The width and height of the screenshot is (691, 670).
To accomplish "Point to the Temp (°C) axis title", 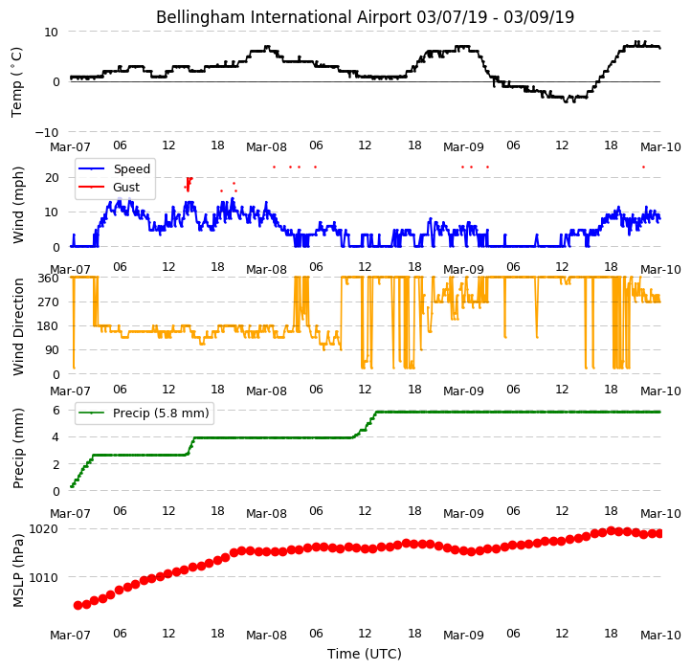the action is [16, 82].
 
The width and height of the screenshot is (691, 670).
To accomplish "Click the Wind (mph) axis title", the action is [17, 205].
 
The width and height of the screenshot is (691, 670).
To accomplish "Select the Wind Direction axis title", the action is [17, 326].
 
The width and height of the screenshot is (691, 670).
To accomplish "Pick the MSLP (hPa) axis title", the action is [17, 570].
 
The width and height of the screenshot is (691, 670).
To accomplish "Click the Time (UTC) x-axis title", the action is [365, 653].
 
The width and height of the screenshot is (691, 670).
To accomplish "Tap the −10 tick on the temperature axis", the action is [47, 132].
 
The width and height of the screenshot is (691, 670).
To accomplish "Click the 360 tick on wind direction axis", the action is [49, 279].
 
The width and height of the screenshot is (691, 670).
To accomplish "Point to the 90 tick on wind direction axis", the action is [53, 350].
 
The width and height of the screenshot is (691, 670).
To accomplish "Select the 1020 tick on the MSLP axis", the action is [43, 528].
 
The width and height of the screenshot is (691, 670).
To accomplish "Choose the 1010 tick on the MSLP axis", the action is [43, 577].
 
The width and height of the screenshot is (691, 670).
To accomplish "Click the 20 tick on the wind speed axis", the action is [52, 178].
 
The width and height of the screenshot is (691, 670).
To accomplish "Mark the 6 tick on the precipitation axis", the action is [56, 411].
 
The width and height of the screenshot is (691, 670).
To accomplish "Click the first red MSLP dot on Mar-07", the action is [78, 605].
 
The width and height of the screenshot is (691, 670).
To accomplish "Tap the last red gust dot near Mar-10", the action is [643, 167].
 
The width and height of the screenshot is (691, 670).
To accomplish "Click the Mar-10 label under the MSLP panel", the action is [660, 635].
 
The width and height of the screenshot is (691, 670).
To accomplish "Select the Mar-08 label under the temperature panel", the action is [266, 146].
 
